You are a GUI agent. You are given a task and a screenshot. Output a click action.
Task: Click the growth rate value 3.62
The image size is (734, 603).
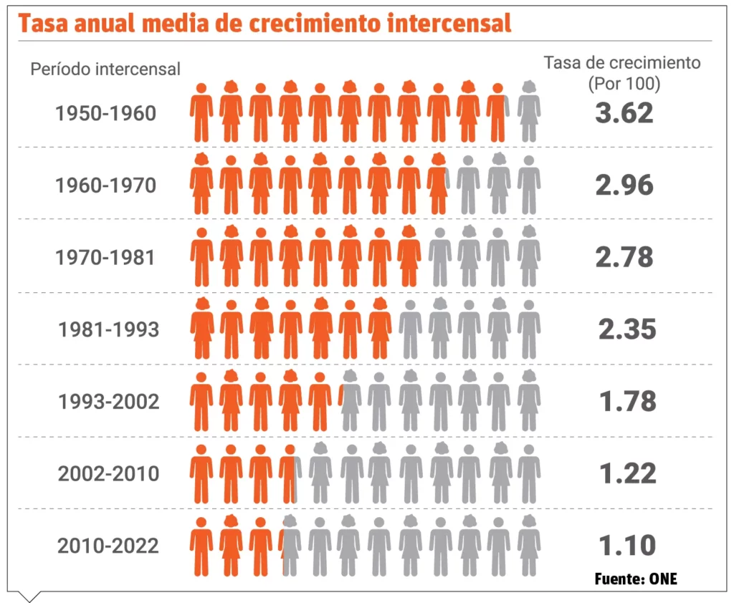pyautogui.click(x=624, y=113)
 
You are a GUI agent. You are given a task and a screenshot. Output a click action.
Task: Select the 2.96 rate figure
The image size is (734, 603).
pyautogui.click(x=624, y=185)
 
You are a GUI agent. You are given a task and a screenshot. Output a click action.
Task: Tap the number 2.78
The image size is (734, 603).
pyautogui.click(x=624, y=257)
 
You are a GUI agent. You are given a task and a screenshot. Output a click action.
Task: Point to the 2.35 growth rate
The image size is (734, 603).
pyautogui.click(x=627, y=329)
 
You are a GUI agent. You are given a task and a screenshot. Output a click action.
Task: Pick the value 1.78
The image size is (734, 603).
pyautogui.click(x=627, y=401)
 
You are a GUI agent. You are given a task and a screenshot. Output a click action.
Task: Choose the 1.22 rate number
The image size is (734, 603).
pyautogui.click(x=627, y=473)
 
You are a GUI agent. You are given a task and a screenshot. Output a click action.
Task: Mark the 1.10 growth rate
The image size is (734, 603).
pyautogui.click(x=627, y=546)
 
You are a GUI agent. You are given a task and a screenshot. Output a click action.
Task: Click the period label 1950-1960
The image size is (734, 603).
pyautogui.click(x=105, y=114)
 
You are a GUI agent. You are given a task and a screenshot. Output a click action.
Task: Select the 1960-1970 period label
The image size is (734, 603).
pyautogui.click(x=105, y=185)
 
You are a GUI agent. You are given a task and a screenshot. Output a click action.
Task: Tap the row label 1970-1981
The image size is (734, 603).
pyautogui.click(x=105, y=258)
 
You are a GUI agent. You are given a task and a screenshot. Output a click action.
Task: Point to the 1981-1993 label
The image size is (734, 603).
pyautogui.click(x=108, y=329)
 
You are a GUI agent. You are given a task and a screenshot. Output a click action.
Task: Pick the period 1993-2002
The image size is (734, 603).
pyautogui.click(x=108, y=402)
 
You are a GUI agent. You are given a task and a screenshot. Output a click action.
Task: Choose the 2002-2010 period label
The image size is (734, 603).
pyautogui.click(x=108, y=474)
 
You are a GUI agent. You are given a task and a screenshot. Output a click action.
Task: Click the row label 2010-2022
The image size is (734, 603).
pyautogui.click(x=108, y=546)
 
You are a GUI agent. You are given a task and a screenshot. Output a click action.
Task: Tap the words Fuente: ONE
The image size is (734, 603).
pyautogui.click(x=636, y=579)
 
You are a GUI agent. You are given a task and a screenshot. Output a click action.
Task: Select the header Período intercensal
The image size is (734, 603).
pyautogui.click(x=105, y=69)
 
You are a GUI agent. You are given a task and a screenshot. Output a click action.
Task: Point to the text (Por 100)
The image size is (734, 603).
pyautogui.click(x=623, y=83)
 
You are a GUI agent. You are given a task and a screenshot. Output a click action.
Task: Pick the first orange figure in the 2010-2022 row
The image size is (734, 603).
pyautogui.click(x=201, y=546)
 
